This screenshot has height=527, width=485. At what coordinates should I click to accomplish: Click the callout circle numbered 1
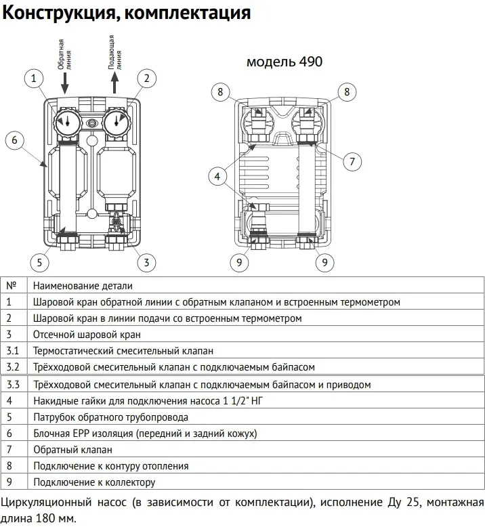pos(33,79)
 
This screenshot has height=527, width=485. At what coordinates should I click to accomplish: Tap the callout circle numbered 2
pos(144,79)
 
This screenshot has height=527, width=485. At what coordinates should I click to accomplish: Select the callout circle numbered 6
pos(16,140)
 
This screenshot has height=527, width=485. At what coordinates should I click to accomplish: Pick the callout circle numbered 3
pos(144,262)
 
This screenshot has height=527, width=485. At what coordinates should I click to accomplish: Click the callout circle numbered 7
pos(351,162)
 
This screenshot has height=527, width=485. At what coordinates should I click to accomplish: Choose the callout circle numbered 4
pos(218,177)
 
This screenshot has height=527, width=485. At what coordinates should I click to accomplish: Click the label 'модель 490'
pos(284,62)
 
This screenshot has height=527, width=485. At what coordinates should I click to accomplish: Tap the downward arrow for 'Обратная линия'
pos(66,83)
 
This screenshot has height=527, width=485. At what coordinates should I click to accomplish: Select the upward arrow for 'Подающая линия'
pos(114,83)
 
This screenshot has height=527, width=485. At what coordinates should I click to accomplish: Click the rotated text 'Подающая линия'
pos(115,52)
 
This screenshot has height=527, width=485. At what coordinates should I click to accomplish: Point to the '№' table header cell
pos(12,286)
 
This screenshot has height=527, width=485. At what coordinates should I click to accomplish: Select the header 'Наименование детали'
pos(83,286)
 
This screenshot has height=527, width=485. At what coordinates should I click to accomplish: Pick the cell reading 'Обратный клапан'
pos(72,449)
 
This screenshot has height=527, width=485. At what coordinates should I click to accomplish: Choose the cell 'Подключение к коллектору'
pos(94,482)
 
